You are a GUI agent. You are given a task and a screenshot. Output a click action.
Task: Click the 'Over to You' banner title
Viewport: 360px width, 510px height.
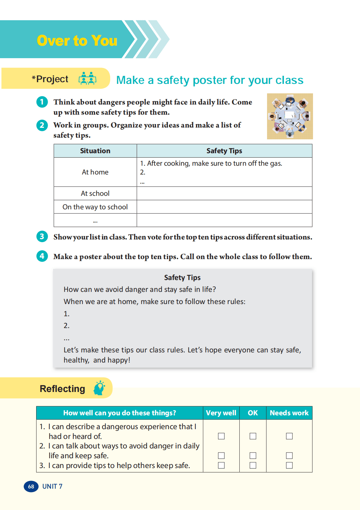[77, 41]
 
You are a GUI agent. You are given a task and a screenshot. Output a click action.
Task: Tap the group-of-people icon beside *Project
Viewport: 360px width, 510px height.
[88, 78]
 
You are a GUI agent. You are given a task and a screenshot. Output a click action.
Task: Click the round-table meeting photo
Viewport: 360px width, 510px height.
[290, 116]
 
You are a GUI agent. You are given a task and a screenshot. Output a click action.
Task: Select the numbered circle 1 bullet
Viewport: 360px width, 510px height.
[42, 102]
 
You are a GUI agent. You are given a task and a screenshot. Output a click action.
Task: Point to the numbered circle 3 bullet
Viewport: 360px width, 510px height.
[42, 236]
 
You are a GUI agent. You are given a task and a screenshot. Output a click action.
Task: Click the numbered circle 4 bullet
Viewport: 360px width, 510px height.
[42, 256]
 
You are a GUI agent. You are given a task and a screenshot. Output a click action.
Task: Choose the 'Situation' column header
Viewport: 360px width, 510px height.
[95, 151]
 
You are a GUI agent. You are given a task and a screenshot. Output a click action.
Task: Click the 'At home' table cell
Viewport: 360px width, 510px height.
[95, 172]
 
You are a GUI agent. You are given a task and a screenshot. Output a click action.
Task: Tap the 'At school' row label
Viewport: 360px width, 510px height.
[95, 193]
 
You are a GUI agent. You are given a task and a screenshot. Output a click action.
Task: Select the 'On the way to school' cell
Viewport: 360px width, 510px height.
[95, 207]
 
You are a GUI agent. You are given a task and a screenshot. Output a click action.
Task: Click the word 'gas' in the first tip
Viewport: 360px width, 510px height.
[275, 163]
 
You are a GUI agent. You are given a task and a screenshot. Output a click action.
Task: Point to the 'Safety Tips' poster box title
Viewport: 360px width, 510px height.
[182, 278]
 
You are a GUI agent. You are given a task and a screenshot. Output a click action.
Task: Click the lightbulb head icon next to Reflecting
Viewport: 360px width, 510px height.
[99, 388]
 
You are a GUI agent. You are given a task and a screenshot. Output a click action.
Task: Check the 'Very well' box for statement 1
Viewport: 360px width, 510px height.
[221, 436]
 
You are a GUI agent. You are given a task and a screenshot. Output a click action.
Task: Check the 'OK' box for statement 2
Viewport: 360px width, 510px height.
[253, 456]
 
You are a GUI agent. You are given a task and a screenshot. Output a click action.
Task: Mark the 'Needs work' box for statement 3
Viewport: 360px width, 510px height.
[289, 465]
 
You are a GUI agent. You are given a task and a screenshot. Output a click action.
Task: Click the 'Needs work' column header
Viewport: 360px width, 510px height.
[289, 413]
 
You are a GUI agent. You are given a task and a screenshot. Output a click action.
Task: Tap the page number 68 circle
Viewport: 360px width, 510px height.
[31, 486]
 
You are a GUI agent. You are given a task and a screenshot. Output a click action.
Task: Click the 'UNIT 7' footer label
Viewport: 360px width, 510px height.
[52, 486]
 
